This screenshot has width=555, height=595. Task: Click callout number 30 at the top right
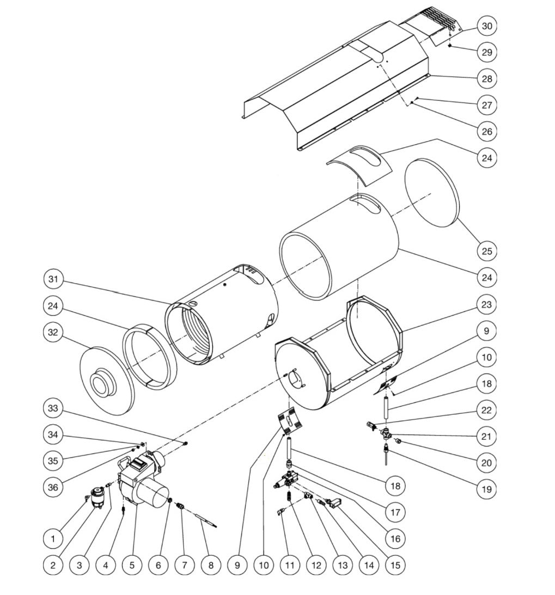tap(486, 26)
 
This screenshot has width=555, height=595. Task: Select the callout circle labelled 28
tap(486, 78)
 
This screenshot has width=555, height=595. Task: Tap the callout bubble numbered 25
tap(486, 251)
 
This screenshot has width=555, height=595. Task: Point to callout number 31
tap(53, 279)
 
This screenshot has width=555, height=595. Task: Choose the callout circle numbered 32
tap(53, 332)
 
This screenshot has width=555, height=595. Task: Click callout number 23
tap(486, 305)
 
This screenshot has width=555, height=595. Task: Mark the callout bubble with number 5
tap(132, 565)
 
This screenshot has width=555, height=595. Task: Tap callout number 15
tap(395, 565)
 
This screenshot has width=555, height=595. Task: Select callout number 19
tap(486, 489)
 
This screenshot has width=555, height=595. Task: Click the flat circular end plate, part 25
tap(434, 193)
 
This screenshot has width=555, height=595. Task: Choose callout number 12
tap(316, 565)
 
